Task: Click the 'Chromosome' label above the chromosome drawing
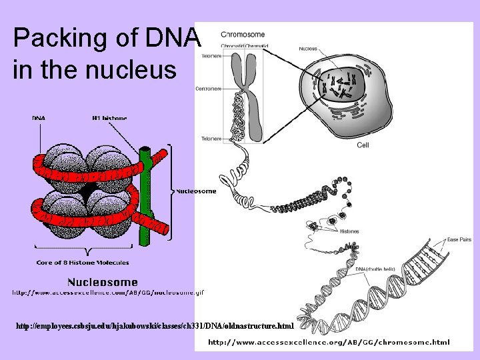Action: (243, 35)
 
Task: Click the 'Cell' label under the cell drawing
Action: (363, 145)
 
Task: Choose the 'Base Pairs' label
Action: (460, 239)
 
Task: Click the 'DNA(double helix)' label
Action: (372, 269)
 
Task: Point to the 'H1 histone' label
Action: (109, 119)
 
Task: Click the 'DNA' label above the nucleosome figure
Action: (39, 119)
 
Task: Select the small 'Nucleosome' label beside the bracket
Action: (197, 191)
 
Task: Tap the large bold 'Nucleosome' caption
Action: (103, 283)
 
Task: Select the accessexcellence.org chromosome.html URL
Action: (329, 342)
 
